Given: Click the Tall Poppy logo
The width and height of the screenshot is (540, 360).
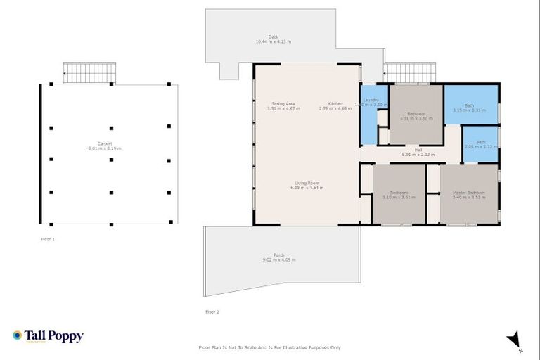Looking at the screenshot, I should tap(48, 336).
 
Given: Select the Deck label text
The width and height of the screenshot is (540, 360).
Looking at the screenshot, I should tap(273, 39).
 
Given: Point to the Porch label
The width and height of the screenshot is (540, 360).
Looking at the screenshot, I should tap(279, 257).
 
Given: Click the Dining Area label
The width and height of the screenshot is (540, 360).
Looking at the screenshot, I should tap(283, 106).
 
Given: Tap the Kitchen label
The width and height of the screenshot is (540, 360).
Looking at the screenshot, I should tap(335, 106).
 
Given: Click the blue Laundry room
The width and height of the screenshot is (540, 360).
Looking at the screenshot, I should tap(369, 116).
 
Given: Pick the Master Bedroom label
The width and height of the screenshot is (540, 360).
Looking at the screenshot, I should tap(468, 195).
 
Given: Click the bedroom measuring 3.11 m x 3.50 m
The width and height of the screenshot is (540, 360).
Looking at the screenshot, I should tap(416, 116).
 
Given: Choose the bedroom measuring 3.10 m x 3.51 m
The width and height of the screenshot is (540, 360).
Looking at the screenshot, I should tap(399, 195).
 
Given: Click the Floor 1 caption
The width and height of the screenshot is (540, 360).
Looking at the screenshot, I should tap(48, 239).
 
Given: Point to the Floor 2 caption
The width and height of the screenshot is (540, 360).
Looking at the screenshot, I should tap(212, 311).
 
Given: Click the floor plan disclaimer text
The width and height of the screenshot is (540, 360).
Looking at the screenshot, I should tap(270, 347).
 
